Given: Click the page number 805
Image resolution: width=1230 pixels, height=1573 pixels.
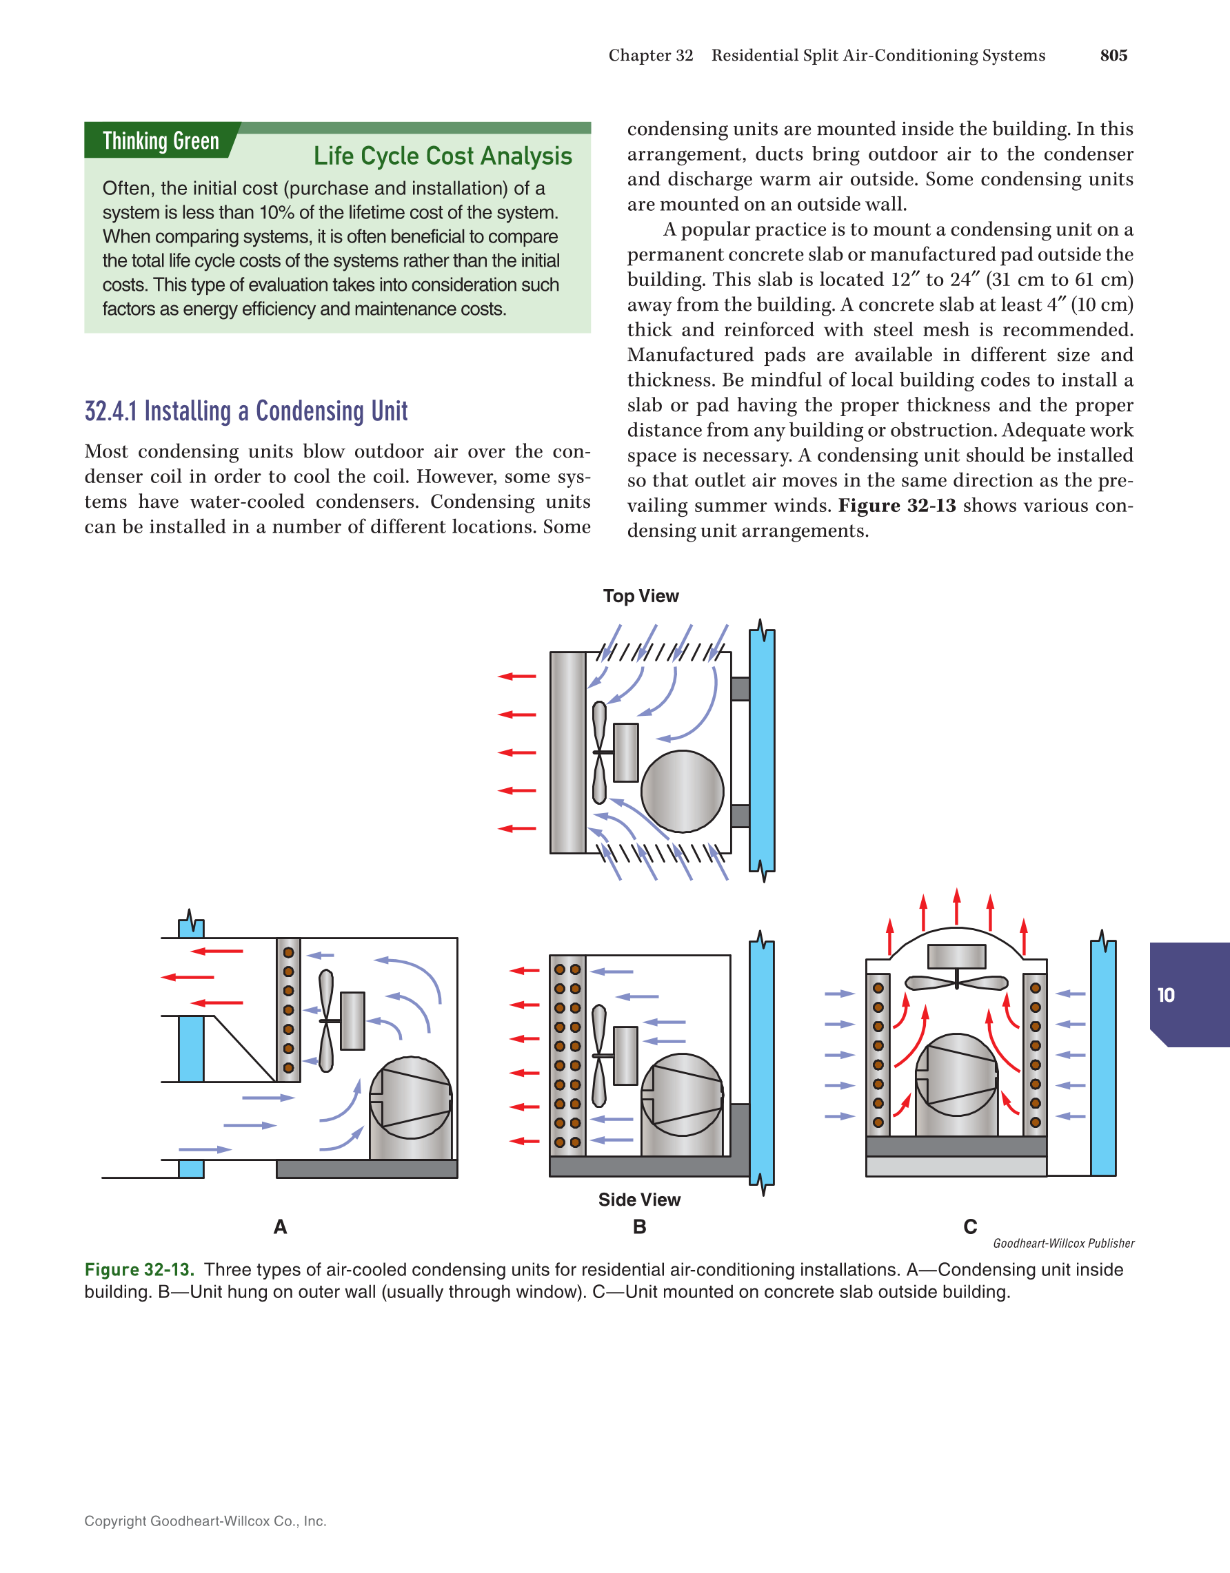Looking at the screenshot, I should coord(1113,55).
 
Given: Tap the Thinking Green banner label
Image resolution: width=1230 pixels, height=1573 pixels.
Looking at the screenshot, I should coord(161,141).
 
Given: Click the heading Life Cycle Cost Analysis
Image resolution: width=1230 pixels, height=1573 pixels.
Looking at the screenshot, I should coord(443,156).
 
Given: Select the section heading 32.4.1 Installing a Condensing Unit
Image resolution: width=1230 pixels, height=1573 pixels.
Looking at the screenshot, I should coord(245,411).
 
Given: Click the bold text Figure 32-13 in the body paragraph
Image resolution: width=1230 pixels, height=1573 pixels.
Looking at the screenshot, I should coord(896,506).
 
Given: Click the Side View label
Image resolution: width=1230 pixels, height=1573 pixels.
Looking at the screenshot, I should coord(639,1199).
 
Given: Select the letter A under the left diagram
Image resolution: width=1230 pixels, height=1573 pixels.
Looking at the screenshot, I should coord(281,1226).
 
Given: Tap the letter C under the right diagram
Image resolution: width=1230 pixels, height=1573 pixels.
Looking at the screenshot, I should coord(970,1226).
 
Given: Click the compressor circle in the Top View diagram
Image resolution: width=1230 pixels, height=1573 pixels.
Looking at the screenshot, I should coord(682,791).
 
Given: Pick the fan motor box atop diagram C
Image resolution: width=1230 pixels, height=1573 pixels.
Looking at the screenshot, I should coord(956,956).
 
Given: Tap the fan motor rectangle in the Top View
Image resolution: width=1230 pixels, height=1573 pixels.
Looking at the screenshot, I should coord(625,752).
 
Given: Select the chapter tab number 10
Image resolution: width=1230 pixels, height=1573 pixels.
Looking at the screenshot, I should coord(1166,995).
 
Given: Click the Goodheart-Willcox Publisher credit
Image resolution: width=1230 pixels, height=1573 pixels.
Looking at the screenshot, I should coord(1063,1243).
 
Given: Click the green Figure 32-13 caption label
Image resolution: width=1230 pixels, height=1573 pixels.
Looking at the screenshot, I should coord(139,1269).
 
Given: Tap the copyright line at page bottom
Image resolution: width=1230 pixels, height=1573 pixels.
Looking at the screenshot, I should coord(205,1521).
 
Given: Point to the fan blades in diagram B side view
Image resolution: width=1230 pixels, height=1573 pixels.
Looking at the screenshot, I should coord(598,1055).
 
